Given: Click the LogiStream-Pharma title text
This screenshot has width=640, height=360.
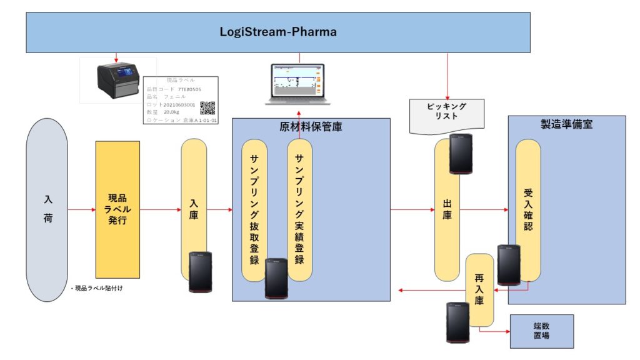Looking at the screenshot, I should [x=278, y=32].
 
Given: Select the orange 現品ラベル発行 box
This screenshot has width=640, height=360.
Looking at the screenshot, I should [x=117, y=209].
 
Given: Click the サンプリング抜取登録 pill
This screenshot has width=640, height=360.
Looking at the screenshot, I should [x=254, y=209].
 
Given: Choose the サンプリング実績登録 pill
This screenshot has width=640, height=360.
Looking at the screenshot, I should [x=299, y=209].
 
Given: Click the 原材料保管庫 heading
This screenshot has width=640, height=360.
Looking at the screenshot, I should [x=311, y=127].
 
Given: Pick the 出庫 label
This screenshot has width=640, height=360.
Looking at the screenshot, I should [x=447, y=210].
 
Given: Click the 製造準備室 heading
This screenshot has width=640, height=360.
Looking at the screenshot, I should [x=566, y=124].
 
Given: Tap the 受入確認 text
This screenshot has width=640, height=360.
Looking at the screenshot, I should [x=528, y=209].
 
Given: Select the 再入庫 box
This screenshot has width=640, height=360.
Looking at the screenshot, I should [x=480, y=290].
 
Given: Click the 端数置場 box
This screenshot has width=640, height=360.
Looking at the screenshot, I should [x=541, y=331].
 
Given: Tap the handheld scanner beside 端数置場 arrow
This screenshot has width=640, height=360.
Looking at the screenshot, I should [x=457, y=322].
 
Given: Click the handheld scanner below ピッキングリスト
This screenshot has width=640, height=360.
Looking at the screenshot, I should [x=460, y=153].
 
